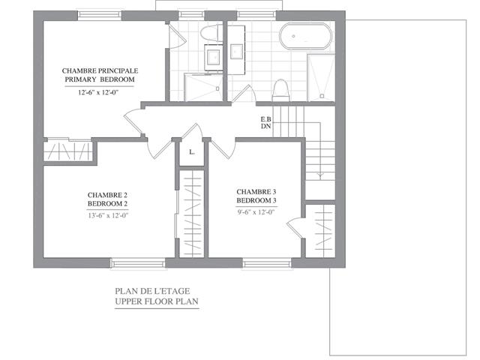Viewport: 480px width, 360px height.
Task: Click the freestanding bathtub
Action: (305, 36)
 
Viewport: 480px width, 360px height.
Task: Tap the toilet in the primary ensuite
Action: (211, 33)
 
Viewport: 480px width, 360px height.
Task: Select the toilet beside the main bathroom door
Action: (280, 90)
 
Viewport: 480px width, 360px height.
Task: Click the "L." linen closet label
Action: (192, 151)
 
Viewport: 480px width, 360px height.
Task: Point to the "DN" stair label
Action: (266, 126)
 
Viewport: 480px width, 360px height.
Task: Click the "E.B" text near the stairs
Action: (266, 118)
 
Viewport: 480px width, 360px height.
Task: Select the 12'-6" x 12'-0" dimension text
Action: (98, 92)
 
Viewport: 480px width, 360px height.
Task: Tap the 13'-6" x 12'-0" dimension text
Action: (108, 215)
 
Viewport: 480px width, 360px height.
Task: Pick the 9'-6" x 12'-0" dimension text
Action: (256, 211)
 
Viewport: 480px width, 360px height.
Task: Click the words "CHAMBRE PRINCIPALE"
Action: (100, 70)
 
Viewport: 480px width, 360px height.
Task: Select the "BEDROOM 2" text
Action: (108, 203)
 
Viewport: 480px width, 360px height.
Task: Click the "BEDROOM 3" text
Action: (256, 200)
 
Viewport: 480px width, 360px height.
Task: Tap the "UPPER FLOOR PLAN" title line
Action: (157, 301)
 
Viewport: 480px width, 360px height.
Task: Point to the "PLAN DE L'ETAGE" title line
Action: (152, 291)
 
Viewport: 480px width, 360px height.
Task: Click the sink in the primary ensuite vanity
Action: (213, 56)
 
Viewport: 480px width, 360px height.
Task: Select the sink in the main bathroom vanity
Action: (237, 52)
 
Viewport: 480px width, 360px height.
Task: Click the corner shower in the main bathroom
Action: (321, 78)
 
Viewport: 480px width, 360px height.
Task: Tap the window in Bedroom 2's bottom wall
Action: (138, 263)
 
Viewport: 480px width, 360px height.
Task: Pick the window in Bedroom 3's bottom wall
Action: (267, 263)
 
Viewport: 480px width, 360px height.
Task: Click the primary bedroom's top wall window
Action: (100, 15)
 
